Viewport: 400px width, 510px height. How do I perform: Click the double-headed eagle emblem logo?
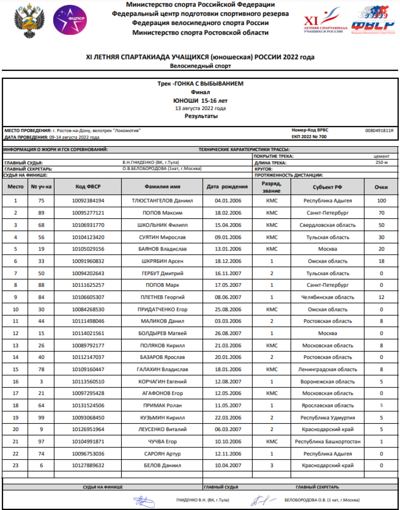coord(29,20)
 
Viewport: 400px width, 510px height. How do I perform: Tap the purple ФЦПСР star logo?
coord(70,20)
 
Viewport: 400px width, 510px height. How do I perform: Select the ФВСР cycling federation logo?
coord(373,20)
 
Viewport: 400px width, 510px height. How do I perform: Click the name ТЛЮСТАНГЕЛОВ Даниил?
coord(162,201)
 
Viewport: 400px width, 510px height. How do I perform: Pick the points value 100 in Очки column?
coord(381,201)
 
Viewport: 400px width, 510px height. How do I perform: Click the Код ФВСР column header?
coord(88,187)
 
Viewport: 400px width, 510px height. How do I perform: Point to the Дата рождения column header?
coord(227,187)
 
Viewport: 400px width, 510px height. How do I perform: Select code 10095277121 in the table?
coord(88,213)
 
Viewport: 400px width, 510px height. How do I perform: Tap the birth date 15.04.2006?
coord(228,225)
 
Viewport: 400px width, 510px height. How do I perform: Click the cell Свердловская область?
coord(327,225)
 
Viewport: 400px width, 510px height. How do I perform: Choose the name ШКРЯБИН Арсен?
coord(162,261)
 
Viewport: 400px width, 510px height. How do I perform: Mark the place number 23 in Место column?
coord(15,465)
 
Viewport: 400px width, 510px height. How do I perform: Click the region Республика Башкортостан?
coord(327,442)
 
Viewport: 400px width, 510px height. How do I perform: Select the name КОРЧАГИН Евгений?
coord(162,382)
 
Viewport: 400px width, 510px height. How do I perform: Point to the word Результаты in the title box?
coord(201,116)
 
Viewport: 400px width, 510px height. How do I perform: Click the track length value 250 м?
coord(381,162)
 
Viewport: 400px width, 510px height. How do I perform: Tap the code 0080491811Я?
coord(379,130)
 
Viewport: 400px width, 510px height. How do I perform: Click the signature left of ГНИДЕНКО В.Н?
coord(144,502)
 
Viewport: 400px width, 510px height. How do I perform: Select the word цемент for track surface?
coord(381,156)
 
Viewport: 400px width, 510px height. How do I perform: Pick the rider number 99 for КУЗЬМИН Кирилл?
coord(41,418)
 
